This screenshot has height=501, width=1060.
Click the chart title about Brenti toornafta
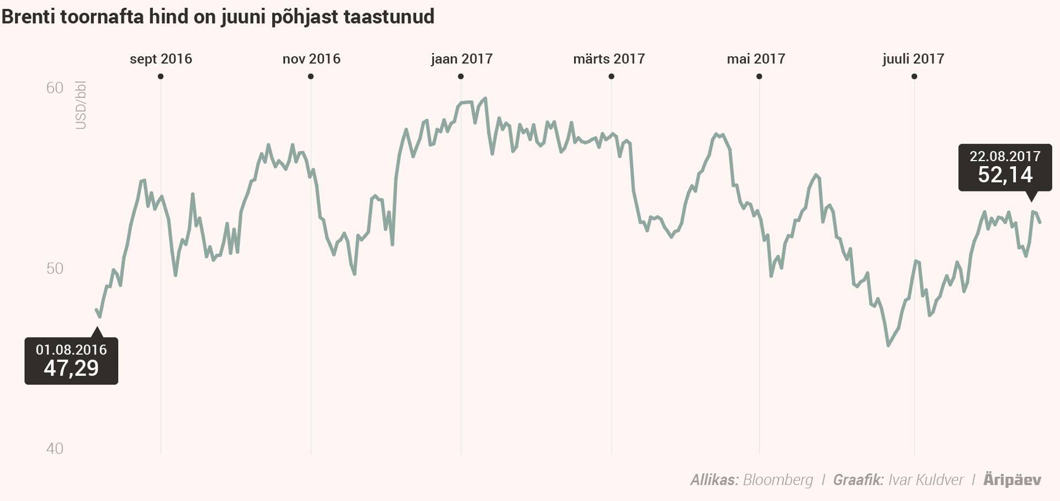tap(218, 17)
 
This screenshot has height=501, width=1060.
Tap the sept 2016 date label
tap(161, 59)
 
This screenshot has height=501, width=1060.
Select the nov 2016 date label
tap(311, 59)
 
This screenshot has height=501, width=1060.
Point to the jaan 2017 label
tap(462, 59)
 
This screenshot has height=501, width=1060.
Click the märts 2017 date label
tap(609, 59)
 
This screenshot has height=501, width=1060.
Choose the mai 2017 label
tap(756, 59)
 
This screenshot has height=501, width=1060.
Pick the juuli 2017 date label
tap(913, 59)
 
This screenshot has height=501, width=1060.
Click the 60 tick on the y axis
tap(55, 88)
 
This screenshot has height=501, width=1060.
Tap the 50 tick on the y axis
tap(55, 268)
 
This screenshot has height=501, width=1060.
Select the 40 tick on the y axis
tap(55, 449)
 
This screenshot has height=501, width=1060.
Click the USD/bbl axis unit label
tap(81, 105)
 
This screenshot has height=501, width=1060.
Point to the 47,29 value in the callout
tap(71, 368)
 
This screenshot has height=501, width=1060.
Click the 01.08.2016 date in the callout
tap(71, 349)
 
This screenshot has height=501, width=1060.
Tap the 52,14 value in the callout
tap(1005, 175)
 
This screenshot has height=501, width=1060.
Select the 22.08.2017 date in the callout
tap(1005, 156)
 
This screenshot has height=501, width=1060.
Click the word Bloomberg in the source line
tap(778, 480)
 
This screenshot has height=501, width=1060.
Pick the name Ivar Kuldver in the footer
tap(926, 480)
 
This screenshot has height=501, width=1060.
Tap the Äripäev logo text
tap(1012, 480)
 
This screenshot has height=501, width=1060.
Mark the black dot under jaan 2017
tap(461, 77)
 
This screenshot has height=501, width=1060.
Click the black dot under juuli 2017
tap(914, 77)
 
